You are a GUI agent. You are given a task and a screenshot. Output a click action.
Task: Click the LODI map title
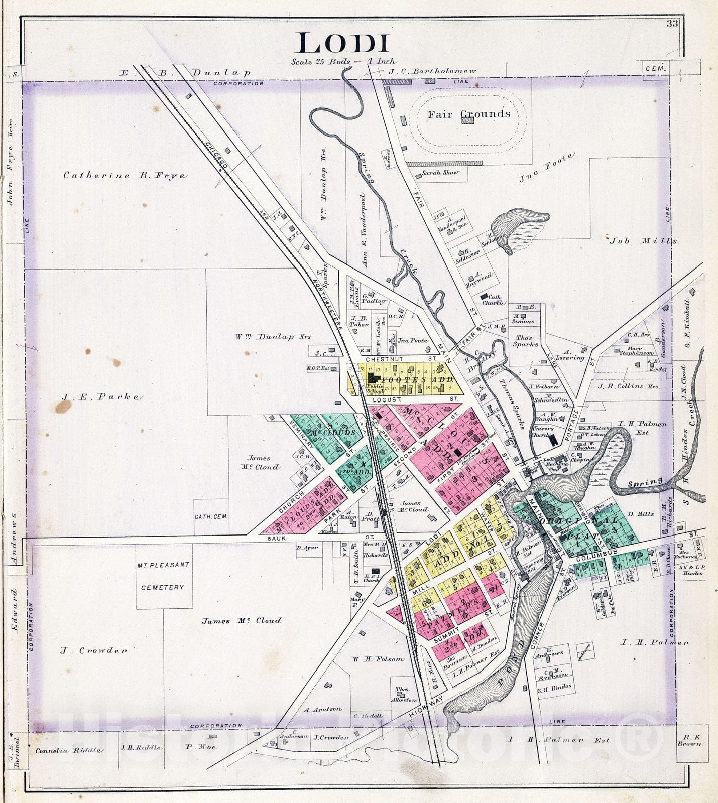tap(343, 44)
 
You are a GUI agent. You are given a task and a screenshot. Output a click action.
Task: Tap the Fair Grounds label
tap(468, 114)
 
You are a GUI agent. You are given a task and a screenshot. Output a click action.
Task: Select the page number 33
tap(673, 24)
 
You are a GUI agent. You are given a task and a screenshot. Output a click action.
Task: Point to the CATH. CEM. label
tap(210, 516)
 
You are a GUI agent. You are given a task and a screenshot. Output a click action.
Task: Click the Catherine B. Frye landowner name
tap(125, 176)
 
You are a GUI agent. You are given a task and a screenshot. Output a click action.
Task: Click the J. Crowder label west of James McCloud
tap(94, 651)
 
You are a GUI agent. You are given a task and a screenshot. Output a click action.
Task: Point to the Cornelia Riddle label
tap(68, 751)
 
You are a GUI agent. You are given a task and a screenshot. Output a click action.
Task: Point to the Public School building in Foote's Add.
tap(374, 380)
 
